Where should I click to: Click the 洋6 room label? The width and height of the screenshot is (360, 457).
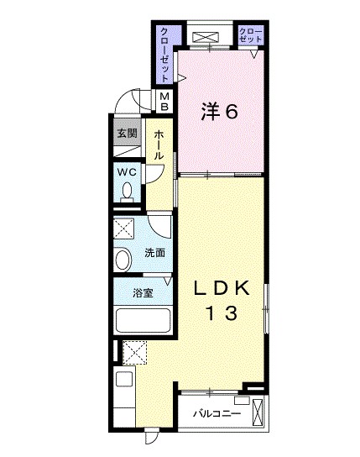pyautogui.click(x=219, y=112)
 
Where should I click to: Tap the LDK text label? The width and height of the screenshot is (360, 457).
pyautogui.click(x=222, y=288)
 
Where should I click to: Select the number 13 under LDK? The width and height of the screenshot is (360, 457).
pyautogui.click(x=222, y=313)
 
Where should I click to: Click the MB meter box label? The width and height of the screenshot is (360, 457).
pyautogui.click(x=164, y=101)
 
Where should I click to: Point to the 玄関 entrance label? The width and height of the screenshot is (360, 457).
pyautogui.click(x=128, y=134)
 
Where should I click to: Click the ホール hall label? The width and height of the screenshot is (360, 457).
pyautogui.click(x=159, y=144)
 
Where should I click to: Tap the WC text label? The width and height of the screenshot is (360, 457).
pyautogui.click(x=127, y=172)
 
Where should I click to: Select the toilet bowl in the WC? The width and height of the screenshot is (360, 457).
pyautogui.click(x=127, y=192)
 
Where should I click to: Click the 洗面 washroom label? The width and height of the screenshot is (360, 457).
pyautogui.click(x=155, y=253)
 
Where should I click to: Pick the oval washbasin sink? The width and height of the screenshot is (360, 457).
pyautogui.click(x=123, y=259)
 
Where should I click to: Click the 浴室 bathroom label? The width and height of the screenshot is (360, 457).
pyautogui.click(x=143, y=293)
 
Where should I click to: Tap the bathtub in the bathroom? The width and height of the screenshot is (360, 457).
pyautogui.click(x=143, y=320)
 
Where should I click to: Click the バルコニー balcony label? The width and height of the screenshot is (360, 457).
pyautogui.click(x=217, y=413)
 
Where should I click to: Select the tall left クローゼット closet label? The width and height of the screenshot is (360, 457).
pyautogui.click(x=164, y=55)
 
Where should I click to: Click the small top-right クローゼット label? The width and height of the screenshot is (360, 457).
pyautogui.click(x=251, y=35)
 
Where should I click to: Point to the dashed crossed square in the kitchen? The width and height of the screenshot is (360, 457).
pyautogui.click(x=135, y=352)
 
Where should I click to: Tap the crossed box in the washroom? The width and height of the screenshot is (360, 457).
pyautogui.click(x=123, y=228)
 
